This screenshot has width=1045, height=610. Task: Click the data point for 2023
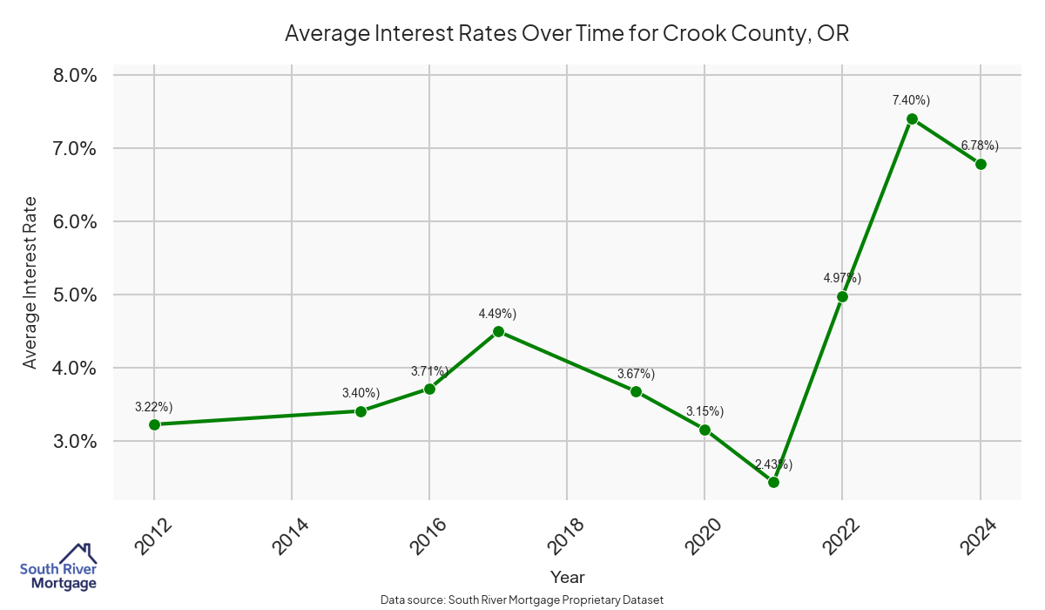(912, 119)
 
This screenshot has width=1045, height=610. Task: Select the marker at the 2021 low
(773, 482)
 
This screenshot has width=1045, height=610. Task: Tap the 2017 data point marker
(498, 331)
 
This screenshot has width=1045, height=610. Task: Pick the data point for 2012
(154, 424)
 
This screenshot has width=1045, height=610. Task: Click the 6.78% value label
(980, 145)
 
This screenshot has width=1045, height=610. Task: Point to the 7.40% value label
(911, 100)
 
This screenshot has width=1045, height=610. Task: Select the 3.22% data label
(154, 406)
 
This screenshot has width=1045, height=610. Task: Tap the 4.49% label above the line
(498, 313)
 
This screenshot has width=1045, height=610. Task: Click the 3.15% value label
(705, 410)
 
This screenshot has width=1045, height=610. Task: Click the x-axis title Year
(568, 577)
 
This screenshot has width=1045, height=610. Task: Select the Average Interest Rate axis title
(30, 282)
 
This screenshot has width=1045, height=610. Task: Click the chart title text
(567, 35)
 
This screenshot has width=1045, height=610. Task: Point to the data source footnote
(522, 600)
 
